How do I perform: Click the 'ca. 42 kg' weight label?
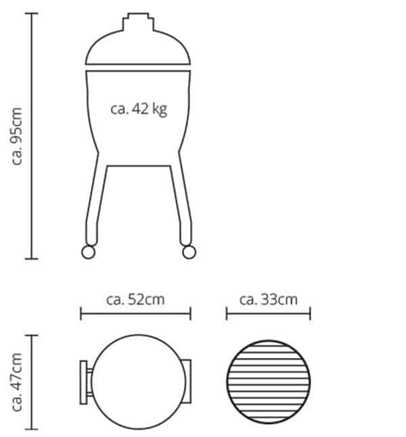(138, 109)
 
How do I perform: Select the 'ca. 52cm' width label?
(135, 299)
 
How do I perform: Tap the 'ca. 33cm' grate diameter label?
(268, 299)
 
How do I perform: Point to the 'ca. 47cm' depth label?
(18, 382)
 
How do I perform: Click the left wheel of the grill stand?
(88, 252)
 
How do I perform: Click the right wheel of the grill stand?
(187, 252)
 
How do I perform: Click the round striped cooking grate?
(268, 382)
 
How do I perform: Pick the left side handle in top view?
(85, 382)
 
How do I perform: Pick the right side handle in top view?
(187, 382)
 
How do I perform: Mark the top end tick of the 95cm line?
(32, 14)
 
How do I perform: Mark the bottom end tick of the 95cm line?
(32, 259)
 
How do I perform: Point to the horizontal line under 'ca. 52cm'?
(135, 313)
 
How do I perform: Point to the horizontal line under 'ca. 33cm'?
(268, 313)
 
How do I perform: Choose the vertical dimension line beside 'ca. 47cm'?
(32, 382)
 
